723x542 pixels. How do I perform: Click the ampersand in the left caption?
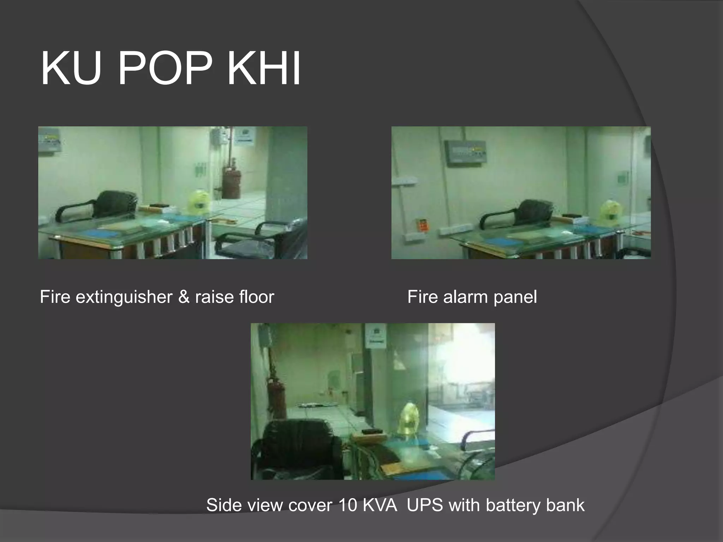click(x=183, y=297)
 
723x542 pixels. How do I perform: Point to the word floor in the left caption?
click(x=256, y=297)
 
